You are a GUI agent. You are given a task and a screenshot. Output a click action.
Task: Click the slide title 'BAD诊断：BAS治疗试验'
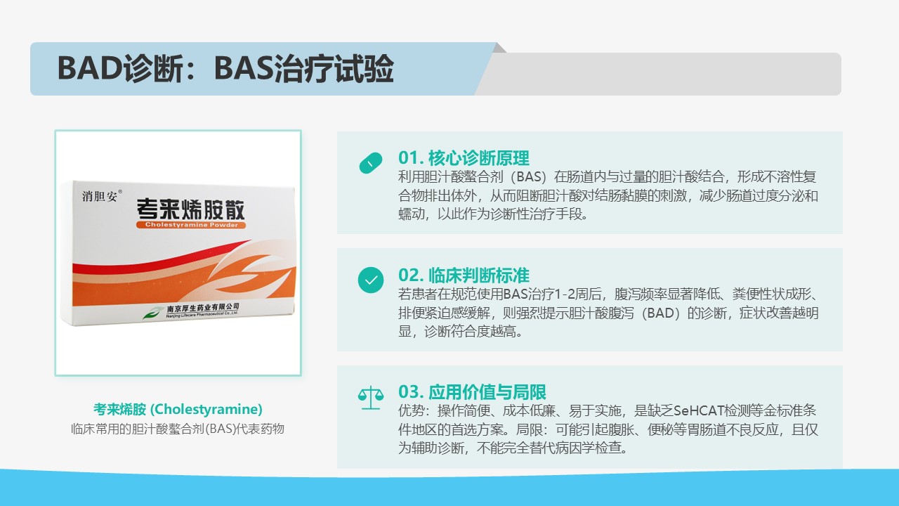225,68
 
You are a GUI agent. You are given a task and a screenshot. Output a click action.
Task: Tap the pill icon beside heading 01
371,162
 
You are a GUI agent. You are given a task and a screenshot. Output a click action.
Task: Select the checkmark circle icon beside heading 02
371,280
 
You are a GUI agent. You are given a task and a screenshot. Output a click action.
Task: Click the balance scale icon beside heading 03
371,398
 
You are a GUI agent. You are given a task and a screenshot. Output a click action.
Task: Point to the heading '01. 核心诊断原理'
464,158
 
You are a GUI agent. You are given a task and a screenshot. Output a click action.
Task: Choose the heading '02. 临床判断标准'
464,275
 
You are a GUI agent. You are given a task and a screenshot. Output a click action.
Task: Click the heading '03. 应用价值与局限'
472,392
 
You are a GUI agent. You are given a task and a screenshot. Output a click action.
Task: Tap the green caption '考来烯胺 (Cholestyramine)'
178,409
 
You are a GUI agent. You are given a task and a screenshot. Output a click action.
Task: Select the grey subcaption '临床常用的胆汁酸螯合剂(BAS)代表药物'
178,429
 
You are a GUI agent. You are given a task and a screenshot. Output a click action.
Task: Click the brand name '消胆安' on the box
100,196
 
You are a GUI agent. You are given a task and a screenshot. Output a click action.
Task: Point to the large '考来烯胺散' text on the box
190,209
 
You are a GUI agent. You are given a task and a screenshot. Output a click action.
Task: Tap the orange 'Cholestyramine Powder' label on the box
191,225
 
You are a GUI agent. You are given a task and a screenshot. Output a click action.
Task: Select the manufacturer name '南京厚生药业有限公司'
203,309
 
